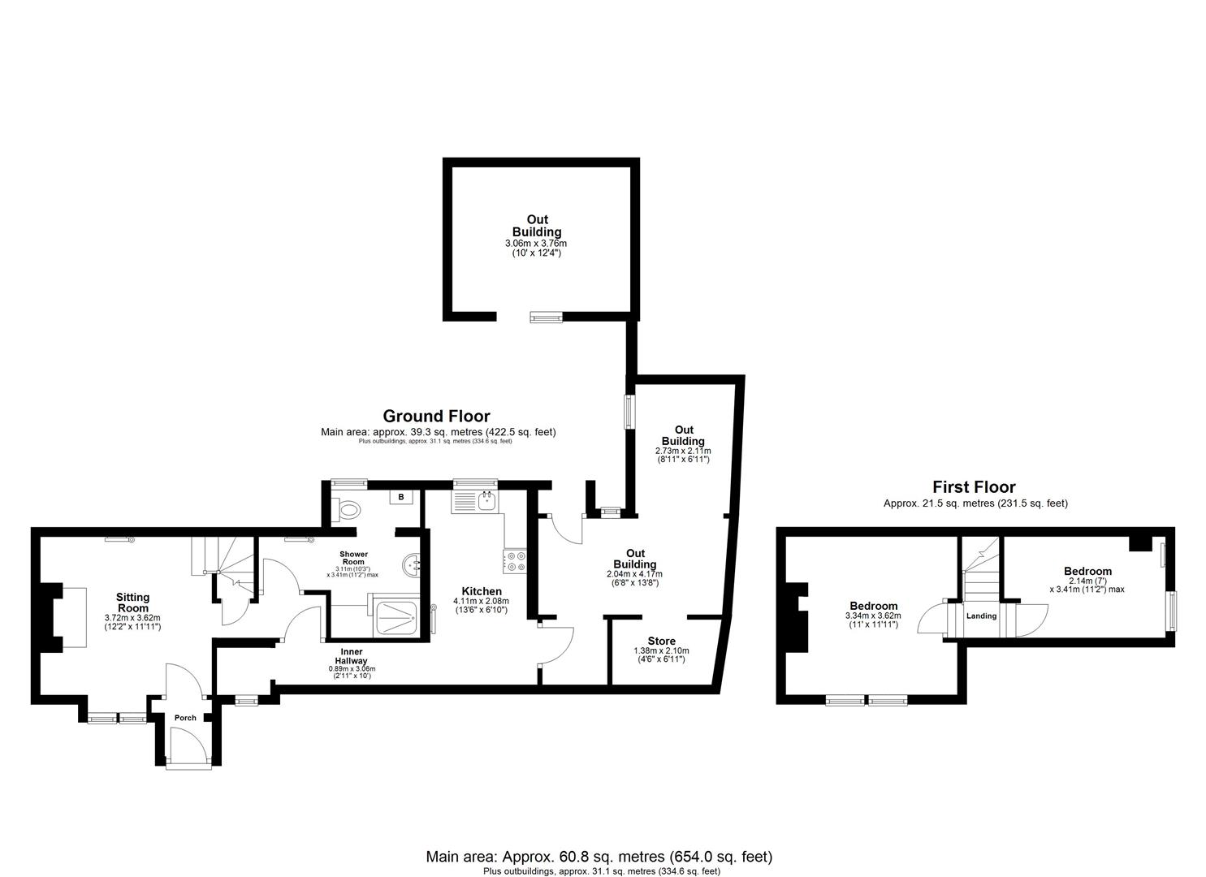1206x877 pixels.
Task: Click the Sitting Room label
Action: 132,603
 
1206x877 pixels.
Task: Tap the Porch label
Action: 185,718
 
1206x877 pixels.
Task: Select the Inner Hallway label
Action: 351,656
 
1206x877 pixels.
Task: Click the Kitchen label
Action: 482,591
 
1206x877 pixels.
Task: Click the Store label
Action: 661,642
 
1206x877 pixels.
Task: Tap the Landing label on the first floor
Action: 981,616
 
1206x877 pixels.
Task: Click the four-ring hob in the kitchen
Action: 516,559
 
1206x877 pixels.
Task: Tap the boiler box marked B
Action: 401,497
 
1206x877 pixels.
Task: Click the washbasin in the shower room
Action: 413,562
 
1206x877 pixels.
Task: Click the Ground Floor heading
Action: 436,417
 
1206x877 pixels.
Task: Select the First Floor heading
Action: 974,487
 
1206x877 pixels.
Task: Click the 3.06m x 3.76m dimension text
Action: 536,244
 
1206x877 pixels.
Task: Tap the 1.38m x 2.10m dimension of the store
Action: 661,650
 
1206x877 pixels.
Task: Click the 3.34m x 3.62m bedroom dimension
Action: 873,616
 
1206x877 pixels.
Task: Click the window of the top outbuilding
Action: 546,318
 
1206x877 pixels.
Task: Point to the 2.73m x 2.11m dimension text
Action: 683,451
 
